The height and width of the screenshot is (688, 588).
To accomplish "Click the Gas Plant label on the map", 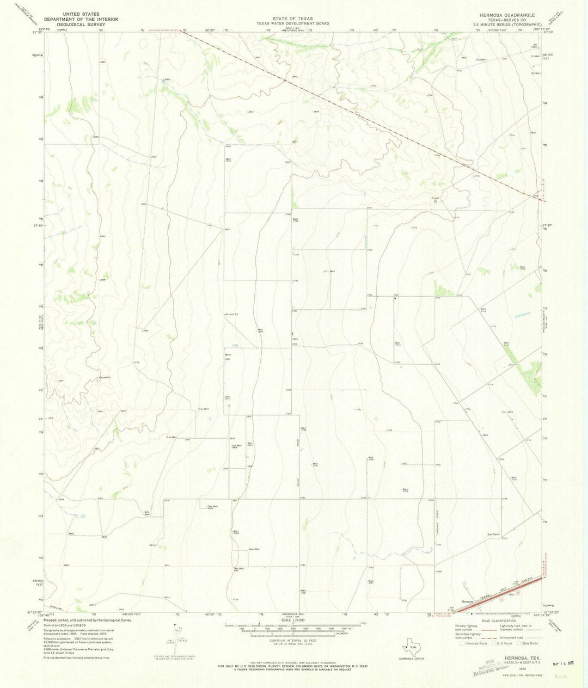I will point(493,534).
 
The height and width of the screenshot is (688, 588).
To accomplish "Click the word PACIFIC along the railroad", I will point(521,583).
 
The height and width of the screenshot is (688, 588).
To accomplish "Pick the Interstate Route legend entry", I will point(474,643).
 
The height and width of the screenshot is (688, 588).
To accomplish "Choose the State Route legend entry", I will point(528,643).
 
